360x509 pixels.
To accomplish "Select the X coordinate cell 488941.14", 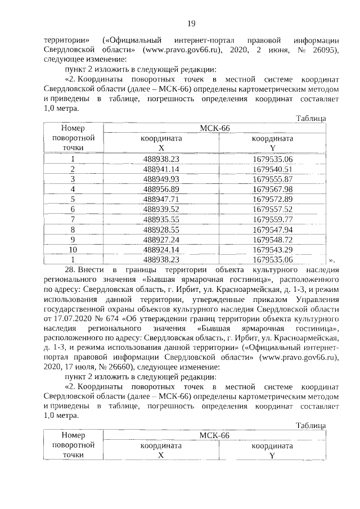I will pos(161,169).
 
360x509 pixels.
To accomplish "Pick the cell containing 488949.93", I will pos(161,179).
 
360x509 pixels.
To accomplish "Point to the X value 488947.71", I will pos(161,199).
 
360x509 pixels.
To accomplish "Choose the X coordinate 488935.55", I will pos(161,219).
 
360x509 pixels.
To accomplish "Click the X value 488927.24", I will pos(161,240).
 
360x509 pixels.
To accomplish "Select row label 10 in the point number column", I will pos(73,249).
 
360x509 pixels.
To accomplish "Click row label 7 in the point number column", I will pos(73,219).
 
